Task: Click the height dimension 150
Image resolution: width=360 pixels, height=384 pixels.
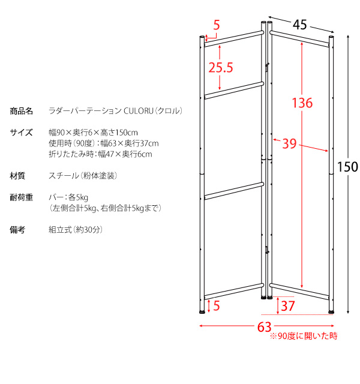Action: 347,167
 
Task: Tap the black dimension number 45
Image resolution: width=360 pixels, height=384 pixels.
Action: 300,25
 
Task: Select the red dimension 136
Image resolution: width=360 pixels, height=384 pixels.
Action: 302,103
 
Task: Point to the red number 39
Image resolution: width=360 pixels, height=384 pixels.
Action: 289,143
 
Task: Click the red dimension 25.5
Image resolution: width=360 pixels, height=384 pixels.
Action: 221,67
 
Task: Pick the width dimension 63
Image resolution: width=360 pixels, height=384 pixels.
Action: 264,327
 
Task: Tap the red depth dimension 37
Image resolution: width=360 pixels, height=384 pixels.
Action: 288,306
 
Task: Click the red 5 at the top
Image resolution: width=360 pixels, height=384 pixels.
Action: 217,25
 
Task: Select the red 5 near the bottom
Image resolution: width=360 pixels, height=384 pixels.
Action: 217,305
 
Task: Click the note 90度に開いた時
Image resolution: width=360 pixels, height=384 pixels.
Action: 304,336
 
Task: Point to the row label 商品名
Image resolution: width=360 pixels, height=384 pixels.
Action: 22,111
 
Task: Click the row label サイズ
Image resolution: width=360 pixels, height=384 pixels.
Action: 21,133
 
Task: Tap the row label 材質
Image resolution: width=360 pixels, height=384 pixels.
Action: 17,176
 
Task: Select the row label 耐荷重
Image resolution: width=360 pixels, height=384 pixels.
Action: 22,197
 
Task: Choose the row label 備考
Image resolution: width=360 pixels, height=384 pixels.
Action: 17,229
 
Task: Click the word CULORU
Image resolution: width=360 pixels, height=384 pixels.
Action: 139,111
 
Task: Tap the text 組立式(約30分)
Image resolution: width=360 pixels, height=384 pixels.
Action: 76,229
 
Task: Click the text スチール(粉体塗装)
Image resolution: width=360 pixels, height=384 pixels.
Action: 83,176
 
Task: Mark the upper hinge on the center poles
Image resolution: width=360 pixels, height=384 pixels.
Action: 266,67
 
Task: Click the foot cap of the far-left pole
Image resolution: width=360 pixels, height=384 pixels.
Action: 202,312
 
